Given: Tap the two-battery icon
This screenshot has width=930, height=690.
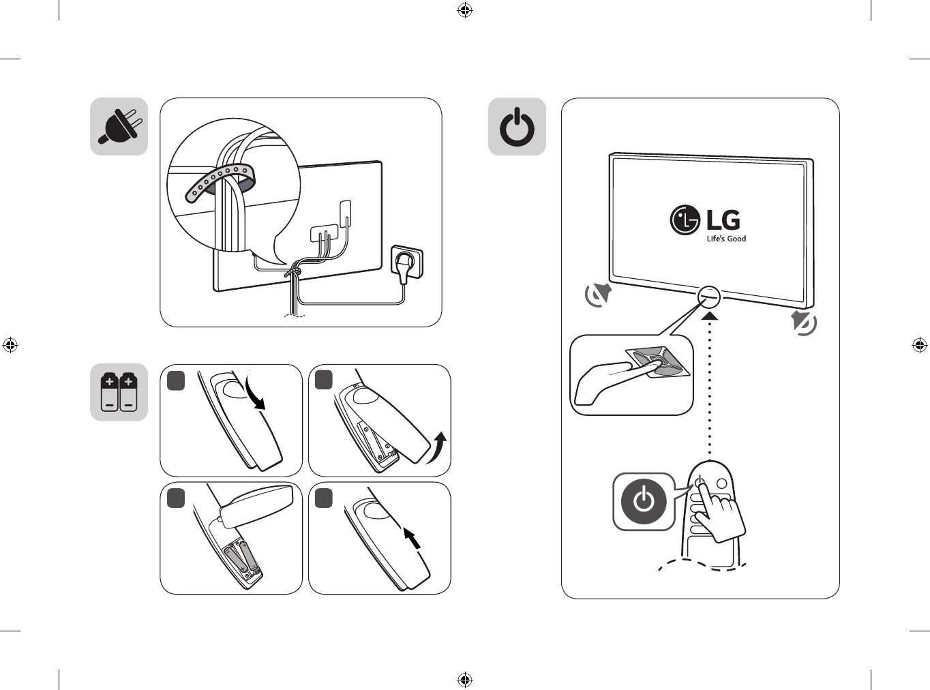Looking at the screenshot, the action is pyautogui.click(x=119, y=392).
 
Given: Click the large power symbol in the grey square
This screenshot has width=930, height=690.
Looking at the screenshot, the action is pyautogui.click(x=517, y=127).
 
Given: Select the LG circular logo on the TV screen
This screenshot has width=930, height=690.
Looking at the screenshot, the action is pyautogui.click(x=685, y=220).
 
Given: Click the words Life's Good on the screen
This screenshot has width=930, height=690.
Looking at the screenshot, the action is pyautogui.click(x=726, y=239).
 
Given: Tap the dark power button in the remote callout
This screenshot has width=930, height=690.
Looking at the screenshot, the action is pyautogui.click(x=643, y=501).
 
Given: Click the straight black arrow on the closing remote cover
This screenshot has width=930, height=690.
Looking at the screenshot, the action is pyautogui.click(x=412, y=538).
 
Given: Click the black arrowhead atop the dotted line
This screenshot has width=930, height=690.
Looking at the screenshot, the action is pyautogui.click(x=710, y=314).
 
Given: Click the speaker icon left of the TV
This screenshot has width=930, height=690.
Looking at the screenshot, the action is pyautogui.click(x=599, y=295).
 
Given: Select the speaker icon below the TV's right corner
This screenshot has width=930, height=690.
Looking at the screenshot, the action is pyautogui.click(x=804, y=322).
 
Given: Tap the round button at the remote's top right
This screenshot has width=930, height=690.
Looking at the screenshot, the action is pyautogui.click(x=721, y=483).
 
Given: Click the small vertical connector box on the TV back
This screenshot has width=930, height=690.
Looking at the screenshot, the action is pyautogui.click(x=346, y=213).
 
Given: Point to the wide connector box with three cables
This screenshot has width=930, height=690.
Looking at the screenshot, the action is pyautogui.click(x=324, y=232).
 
